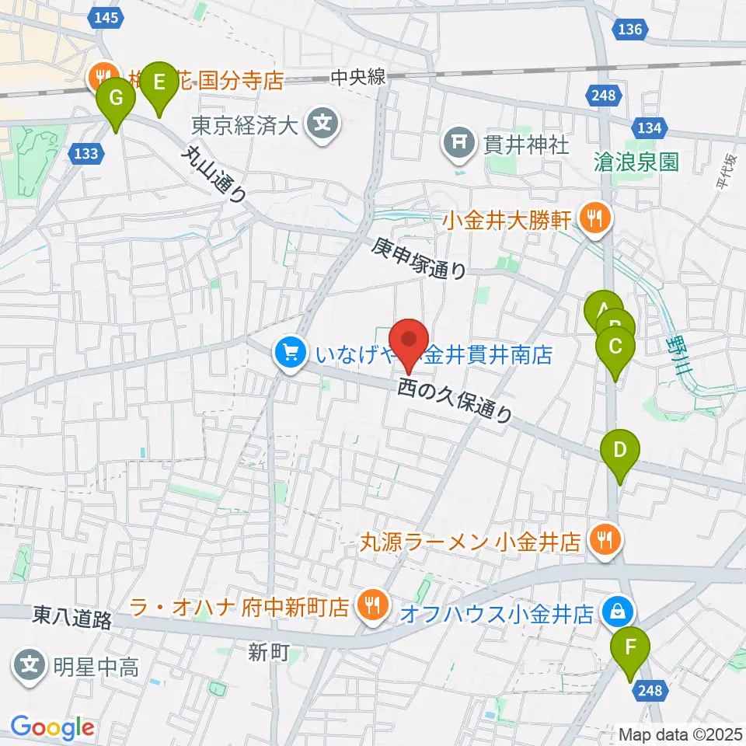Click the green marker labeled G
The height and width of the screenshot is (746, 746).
tap(116, 99)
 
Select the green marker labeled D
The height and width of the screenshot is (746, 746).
tap(619, 451)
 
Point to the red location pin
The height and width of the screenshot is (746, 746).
tap(410, 340)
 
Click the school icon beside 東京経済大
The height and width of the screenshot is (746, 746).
tap(322, 123)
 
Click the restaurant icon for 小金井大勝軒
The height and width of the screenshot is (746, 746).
tap(595, 219)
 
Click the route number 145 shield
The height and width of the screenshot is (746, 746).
tap(106, 18)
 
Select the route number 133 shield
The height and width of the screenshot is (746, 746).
tap(85, 153)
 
